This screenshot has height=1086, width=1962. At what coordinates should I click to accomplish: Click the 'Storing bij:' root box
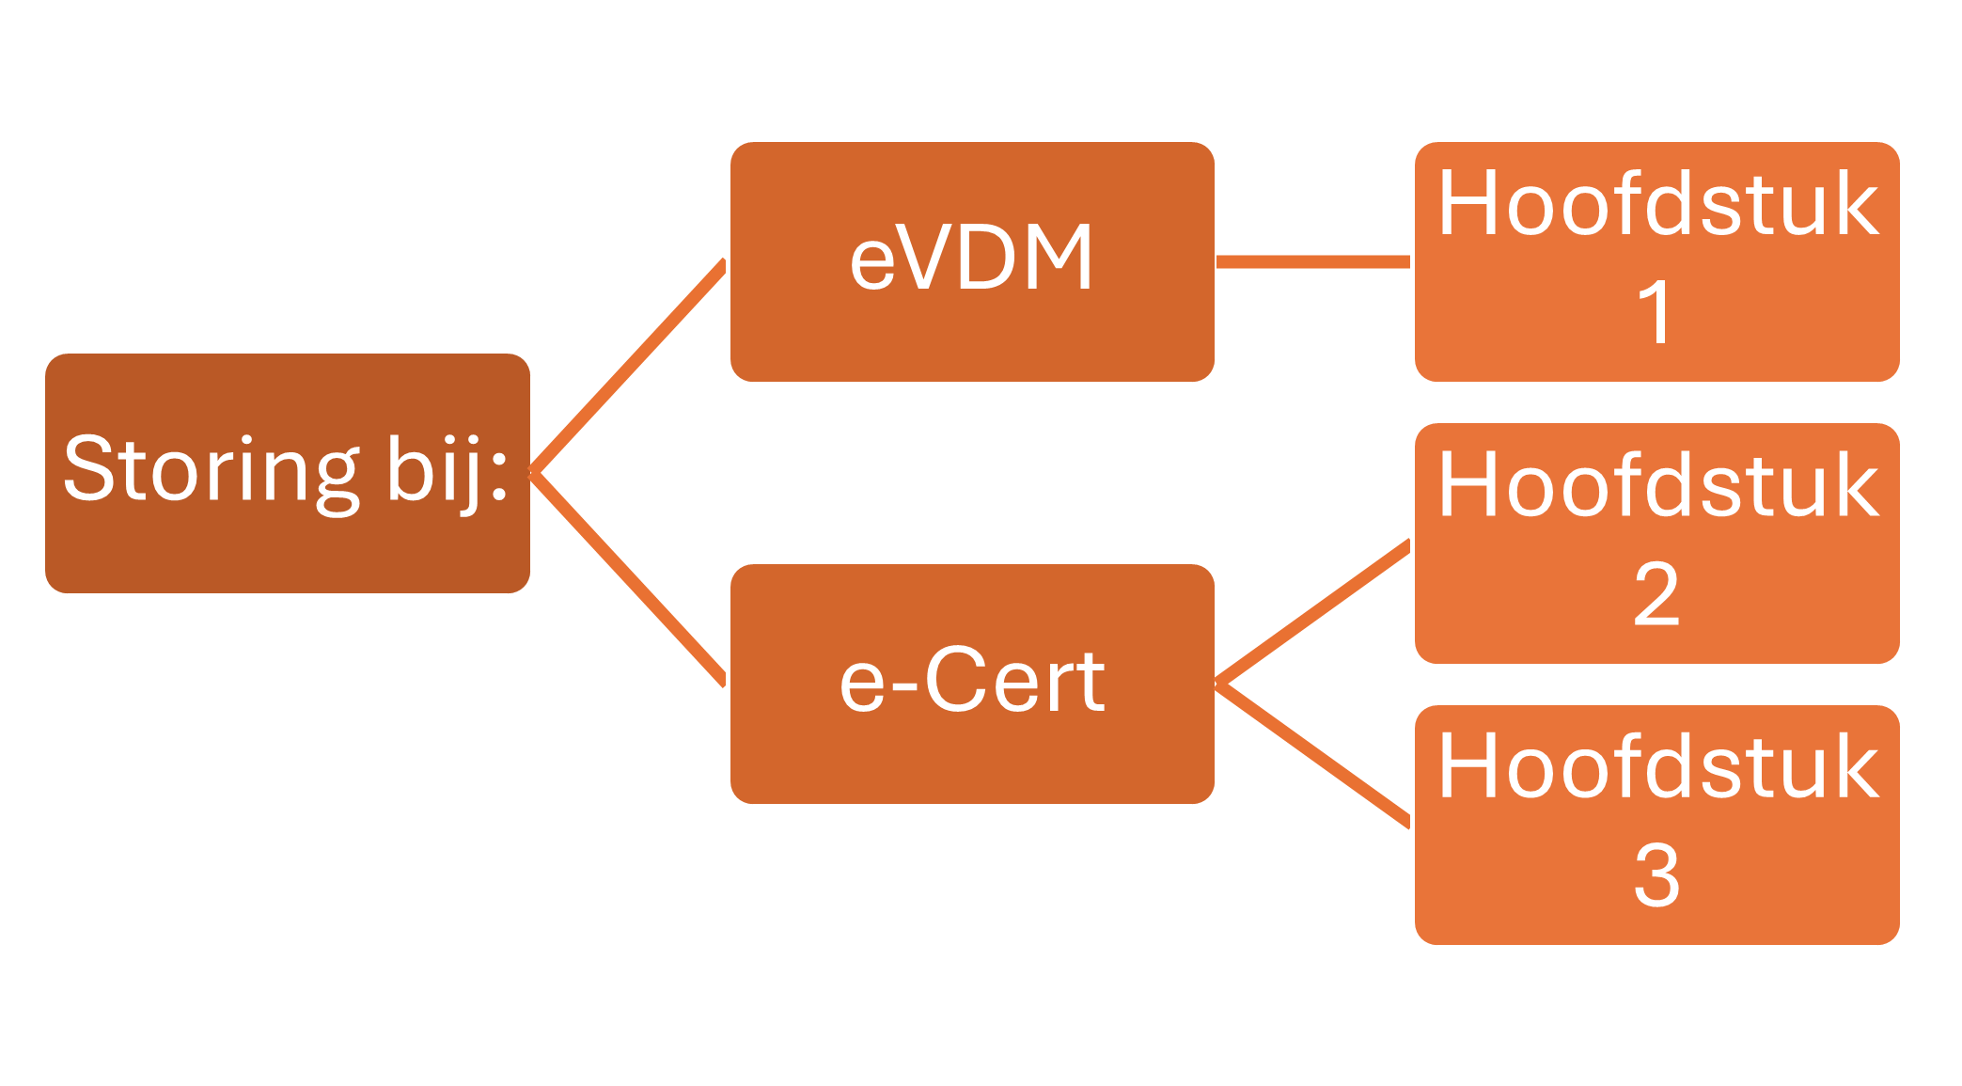[288, 473]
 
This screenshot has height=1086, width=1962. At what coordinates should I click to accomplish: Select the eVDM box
[972, 261]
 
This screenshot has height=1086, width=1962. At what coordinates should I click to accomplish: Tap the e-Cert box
[972, 684]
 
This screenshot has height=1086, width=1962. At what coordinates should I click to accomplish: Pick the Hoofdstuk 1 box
[1657, 261]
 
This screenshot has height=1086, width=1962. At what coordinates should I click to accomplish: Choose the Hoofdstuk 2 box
[1657, 543]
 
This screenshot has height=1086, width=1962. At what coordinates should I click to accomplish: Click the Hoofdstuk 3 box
[1657, 825]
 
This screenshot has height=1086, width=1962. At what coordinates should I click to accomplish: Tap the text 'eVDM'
[972, 258]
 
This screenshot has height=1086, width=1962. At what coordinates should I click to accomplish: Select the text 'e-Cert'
[972, 681]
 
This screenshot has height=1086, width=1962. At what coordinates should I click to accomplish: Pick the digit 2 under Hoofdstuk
[1656, 593]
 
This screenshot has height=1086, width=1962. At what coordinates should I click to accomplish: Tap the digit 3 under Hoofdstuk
[1656, 875]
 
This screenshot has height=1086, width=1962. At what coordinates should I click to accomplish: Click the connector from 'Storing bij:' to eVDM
[628, 367]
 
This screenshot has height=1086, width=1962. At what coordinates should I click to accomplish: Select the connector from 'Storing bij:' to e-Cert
[628, 578]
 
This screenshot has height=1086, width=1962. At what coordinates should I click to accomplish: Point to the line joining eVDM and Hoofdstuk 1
[1313, 261]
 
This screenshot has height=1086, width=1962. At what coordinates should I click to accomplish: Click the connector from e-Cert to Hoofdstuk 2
[1313, 612]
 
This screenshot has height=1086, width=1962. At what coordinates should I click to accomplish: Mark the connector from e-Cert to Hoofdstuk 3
[1313, 755]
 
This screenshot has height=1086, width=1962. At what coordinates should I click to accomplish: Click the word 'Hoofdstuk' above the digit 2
[1658, 485]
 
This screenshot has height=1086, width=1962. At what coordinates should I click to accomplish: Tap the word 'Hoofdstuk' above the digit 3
[1658, 766]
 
